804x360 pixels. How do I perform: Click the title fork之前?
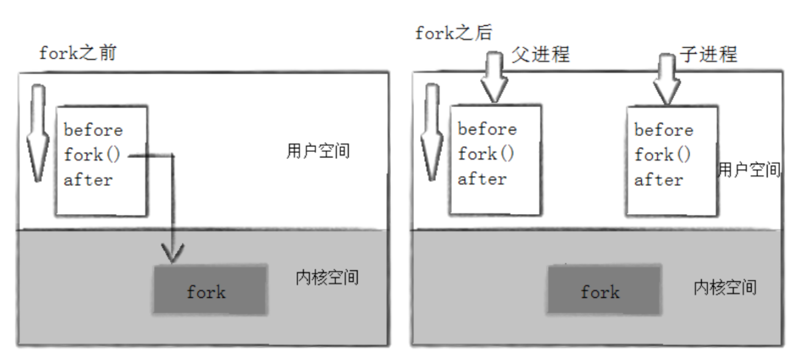(78, 53)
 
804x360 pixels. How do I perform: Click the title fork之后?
(453, 33)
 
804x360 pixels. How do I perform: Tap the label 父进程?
(541, 54)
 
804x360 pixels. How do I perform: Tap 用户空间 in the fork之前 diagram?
(318, 151)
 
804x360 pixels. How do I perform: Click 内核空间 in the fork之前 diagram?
(327, 278)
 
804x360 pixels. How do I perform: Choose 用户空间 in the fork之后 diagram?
(749, 170)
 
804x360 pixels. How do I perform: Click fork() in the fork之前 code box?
(92, 155)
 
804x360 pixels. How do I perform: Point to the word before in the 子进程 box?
(664, 130)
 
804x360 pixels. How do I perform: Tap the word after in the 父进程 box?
(482, 179)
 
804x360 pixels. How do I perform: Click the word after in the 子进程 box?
(658, 180)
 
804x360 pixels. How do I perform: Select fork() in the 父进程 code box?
(486, 154)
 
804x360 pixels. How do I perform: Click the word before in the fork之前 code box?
(93, 130)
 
